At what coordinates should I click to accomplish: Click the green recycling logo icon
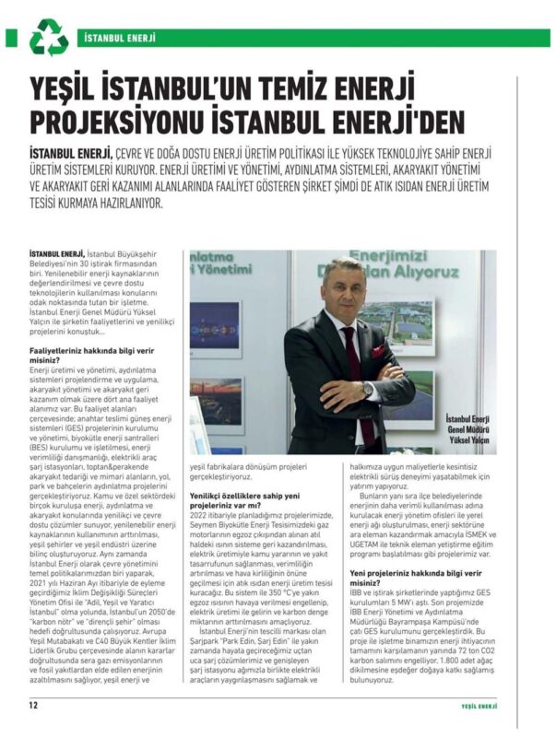[x=48, y=40]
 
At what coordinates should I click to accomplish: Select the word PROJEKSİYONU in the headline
[x=143, y=122]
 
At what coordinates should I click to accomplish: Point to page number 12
[x=32, y=707]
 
